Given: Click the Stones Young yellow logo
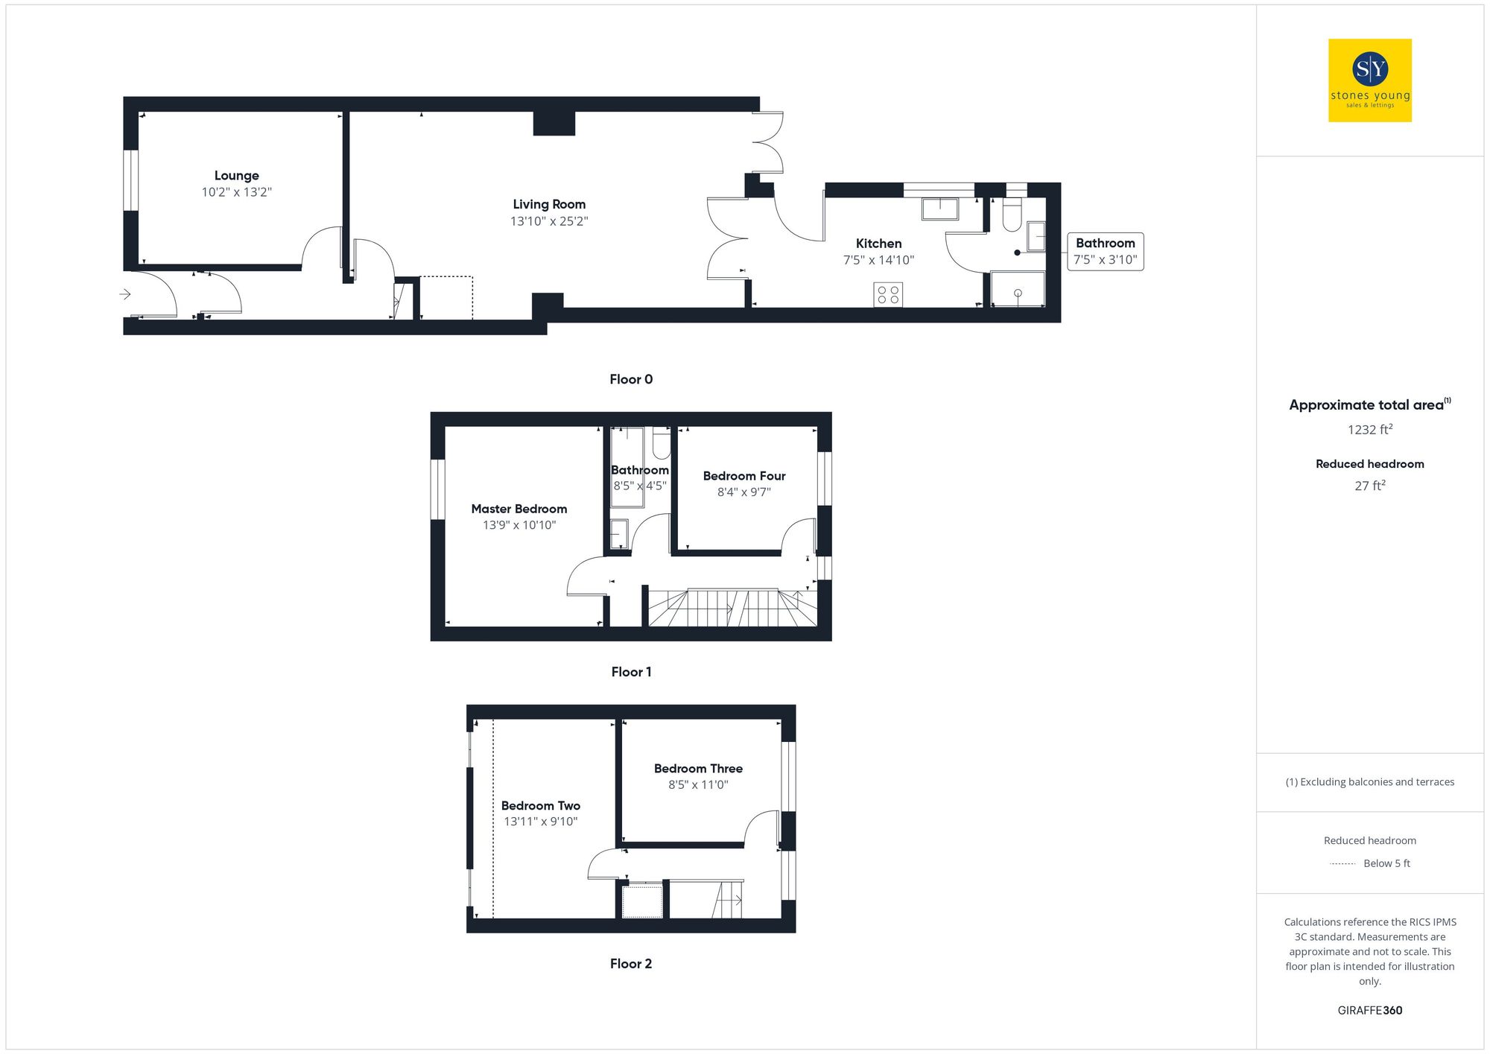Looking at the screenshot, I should pos(1369,80).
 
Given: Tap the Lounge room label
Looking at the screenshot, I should pos(237,176).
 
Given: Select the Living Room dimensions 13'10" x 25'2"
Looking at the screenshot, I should pos(549,221).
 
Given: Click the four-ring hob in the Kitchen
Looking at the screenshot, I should pos(888,294).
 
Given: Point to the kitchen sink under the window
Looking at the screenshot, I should pos(939,209).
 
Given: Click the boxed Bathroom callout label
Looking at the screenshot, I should pos(1105,251).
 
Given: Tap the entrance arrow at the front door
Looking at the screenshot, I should pos(125,294).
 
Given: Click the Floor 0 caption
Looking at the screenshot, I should pos(630,379).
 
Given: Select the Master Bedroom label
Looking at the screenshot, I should pos(519,509).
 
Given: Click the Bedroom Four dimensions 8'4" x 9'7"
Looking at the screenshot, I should pos(744,492).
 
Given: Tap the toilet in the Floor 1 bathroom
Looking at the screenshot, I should pos(661,444).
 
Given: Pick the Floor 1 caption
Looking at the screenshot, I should pos(630,672).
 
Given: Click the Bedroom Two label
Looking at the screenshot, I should pos(540,806).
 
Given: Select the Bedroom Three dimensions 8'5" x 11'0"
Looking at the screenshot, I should pos(697,784).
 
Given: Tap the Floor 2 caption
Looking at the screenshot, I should pos(630,964).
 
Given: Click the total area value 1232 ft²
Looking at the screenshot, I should pos(1369,430).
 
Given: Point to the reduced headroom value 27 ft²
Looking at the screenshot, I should pos(1369,486).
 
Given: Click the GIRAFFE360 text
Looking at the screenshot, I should pos(1369,1011).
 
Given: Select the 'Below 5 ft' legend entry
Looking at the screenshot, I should pos(1386,863).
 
